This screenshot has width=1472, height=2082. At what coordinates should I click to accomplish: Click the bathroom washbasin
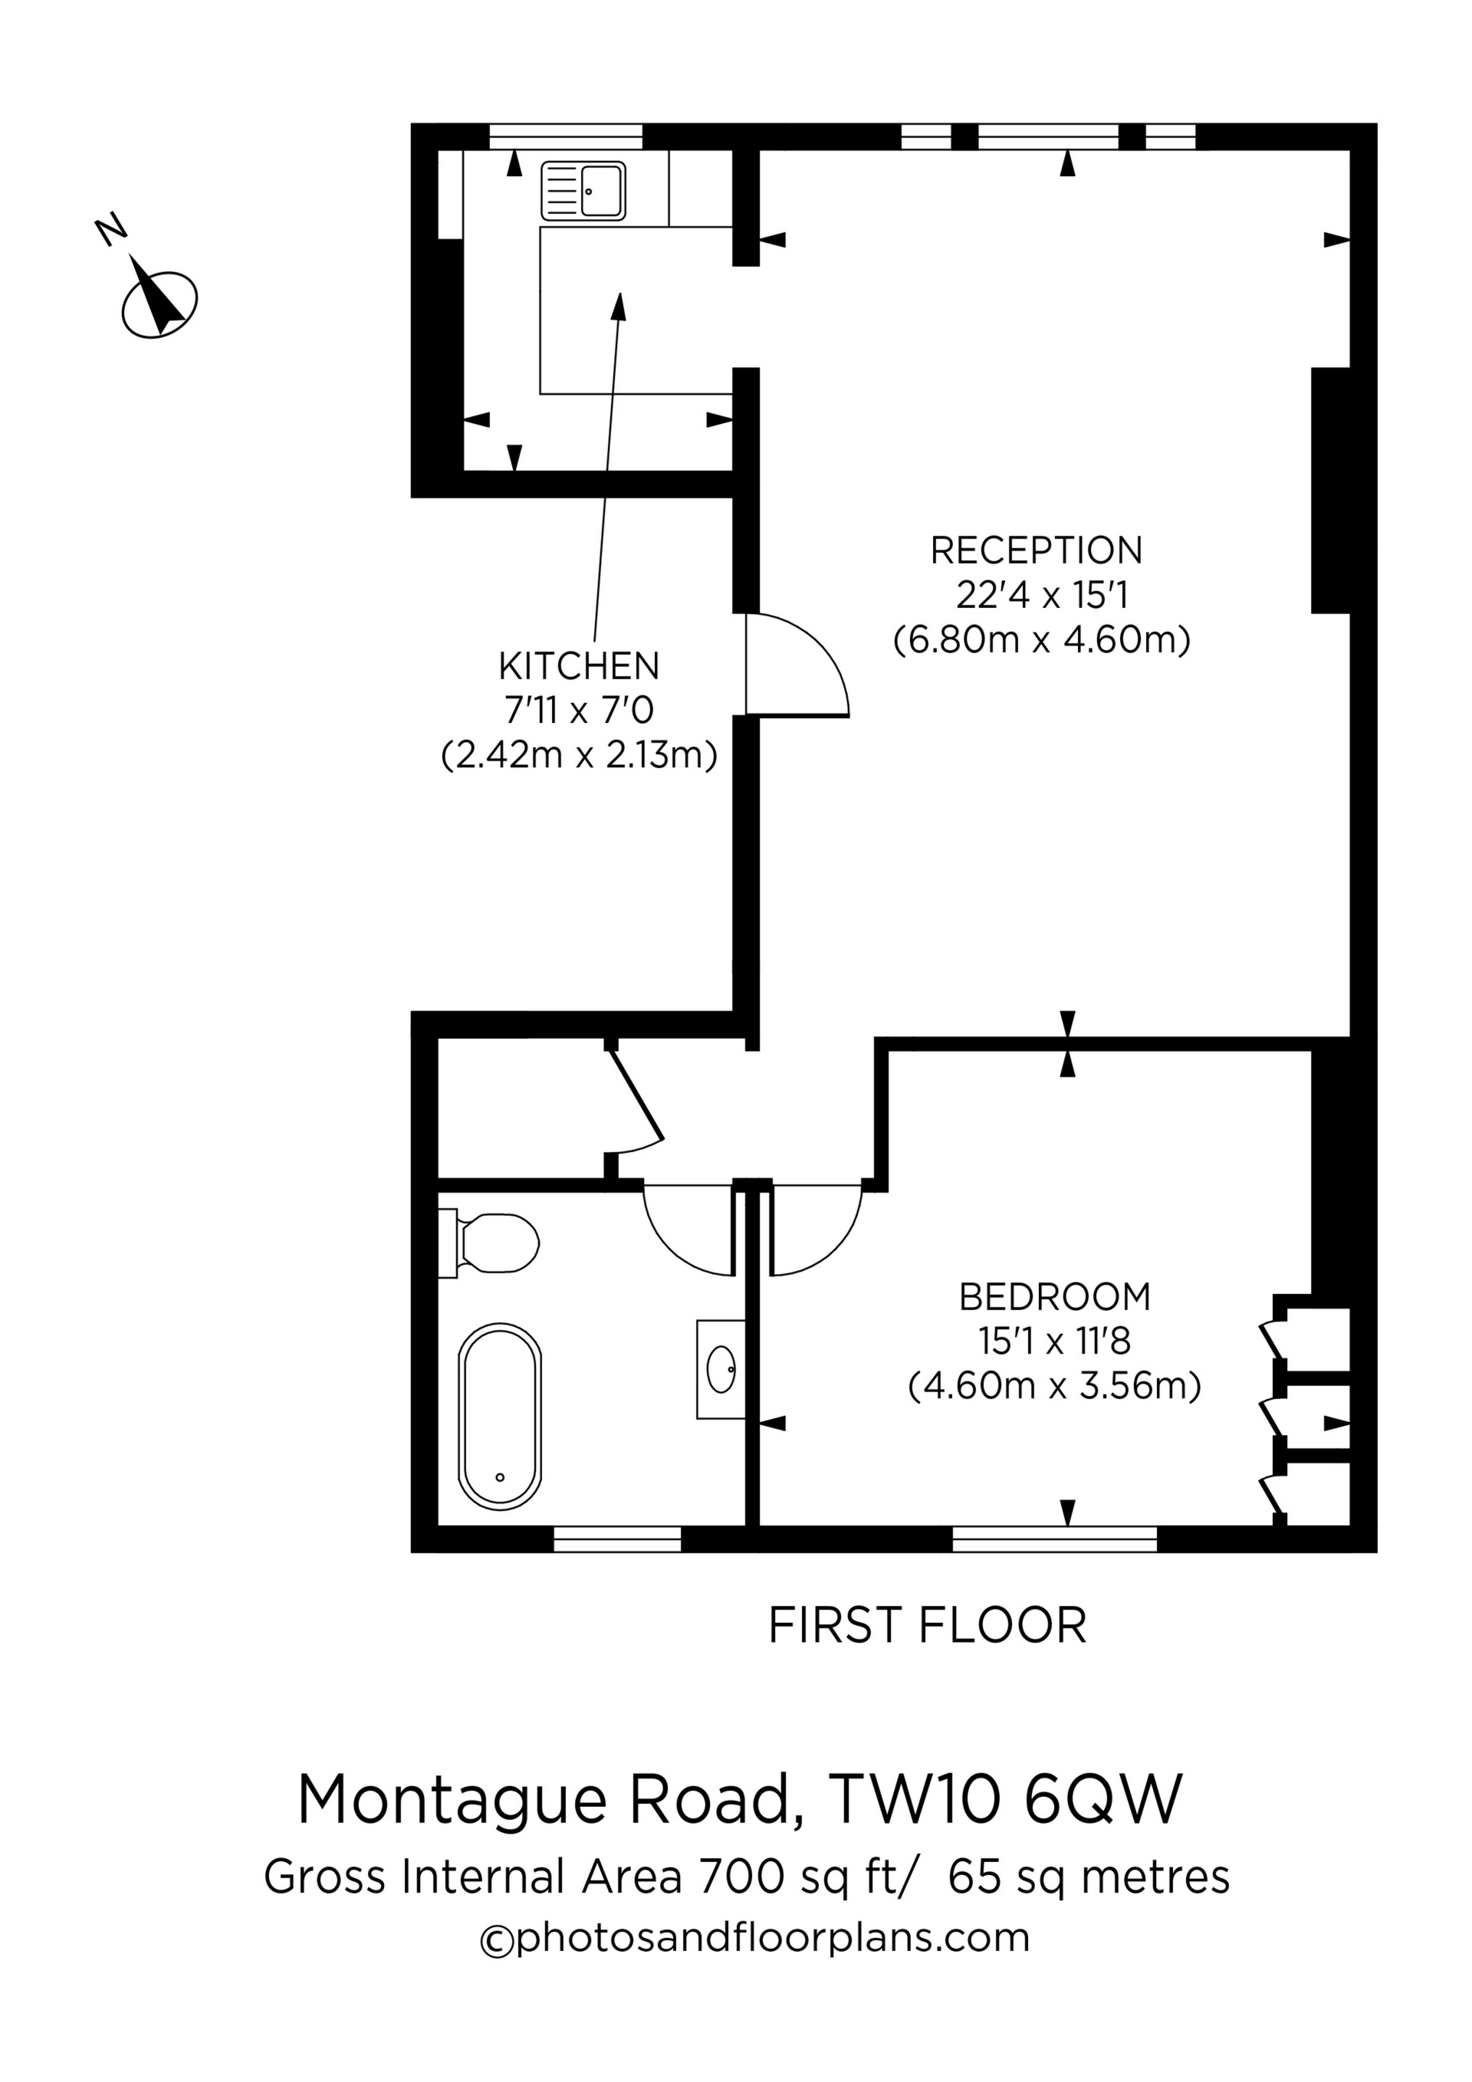point(721,1369)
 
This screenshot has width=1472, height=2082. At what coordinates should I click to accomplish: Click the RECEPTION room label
point(1036,551)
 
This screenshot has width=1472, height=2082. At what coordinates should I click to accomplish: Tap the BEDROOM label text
point(1054,1298)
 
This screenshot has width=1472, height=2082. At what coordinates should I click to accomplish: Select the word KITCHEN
point(579,666)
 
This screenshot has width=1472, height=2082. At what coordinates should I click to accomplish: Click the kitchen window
point(565,136)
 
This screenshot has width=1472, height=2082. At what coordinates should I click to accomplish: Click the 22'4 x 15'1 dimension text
point(1041,596)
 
